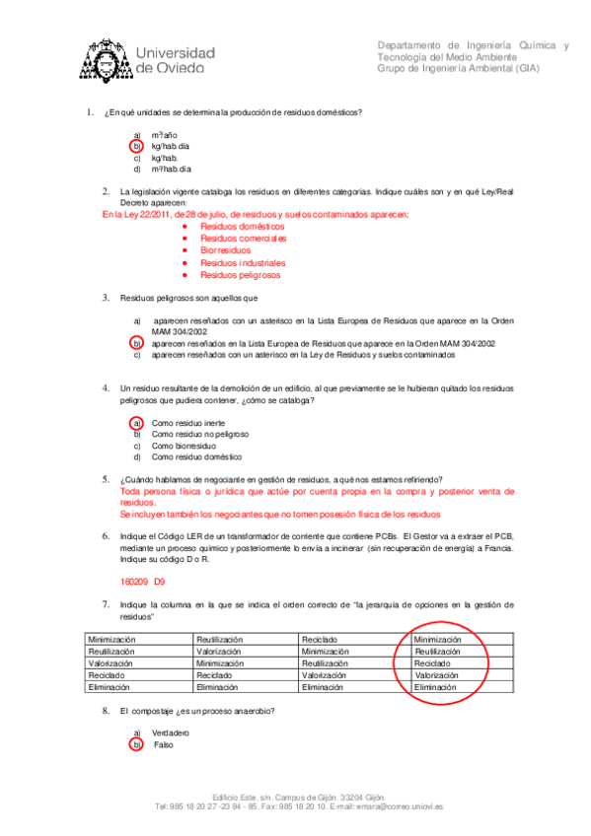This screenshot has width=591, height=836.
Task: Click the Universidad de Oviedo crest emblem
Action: (x=102, y=58)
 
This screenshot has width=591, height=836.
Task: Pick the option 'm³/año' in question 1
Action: (x=165, y=134)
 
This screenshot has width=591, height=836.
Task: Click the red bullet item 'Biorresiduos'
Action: (x=226, y=250)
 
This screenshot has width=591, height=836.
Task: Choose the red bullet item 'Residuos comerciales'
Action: (x=243, y=239)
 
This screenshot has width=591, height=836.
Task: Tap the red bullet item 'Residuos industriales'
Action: (x=243, y=263)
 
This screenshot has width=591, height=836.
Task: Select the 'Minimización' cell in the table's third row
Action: (x=220, y=663)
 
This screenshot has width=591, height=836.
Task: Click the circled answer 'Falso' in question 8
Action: (x=164, y=744)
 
